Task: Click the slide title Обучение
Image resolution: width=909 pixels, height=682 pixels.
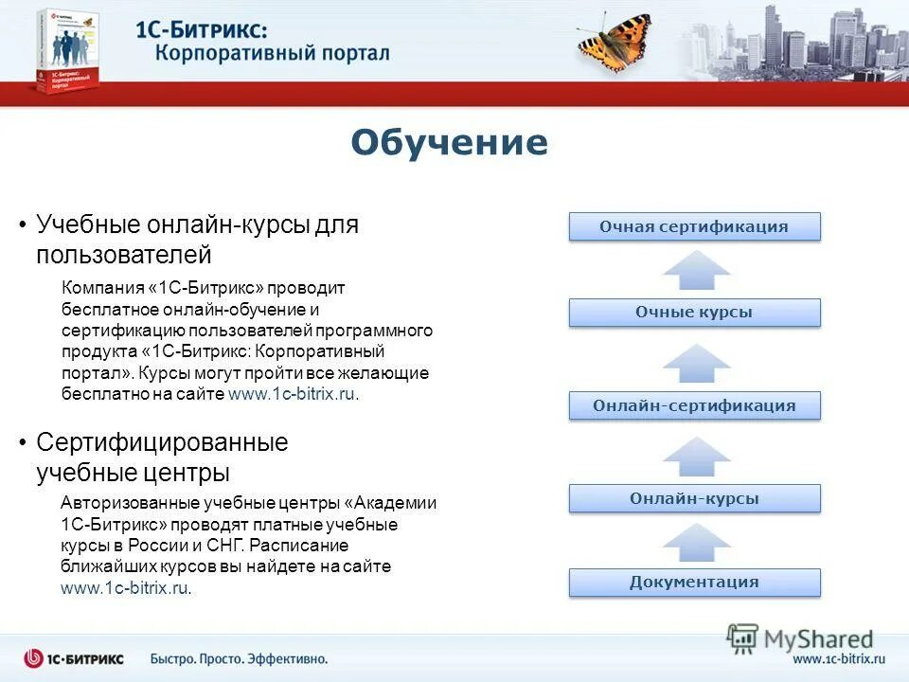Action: pos(449,143)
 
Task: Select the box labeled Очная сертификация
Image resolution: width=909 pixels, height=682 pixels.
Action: pos(694,226)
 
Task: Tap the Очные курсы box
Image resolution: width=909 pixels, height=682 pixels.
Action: pos(694,313)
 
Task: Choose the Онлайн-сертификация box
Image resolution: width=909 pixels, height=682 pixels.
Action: pos(694,405)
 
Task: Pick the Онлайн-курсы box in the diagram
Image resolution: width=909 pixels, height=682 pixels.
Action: pos(694,498)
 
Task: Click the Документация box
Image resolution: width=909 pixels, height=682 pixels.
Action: pos(694,582)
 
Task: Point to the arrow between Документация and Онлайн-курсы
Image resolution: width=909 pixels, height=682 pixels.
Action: pos(696,542)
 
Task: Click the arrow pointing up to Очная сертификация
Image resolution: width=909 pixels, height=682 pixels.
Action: pos(696,269)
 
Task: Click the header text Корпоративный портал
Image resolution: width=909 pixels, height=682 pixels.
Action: pos(272,51)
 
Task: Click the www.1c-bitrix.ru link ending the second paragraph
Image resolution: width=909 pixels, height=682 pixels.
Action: pos(125,588)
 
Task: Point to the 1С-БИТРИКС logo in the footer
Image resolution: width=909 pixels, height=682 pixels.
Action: pos(74,658)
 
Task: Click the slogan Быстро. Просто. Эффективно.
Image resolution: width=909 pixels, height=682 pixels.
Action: pos(239,658)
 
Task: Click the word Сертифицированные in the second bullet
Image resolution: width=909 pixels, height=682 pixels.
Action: pos(162,442)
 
